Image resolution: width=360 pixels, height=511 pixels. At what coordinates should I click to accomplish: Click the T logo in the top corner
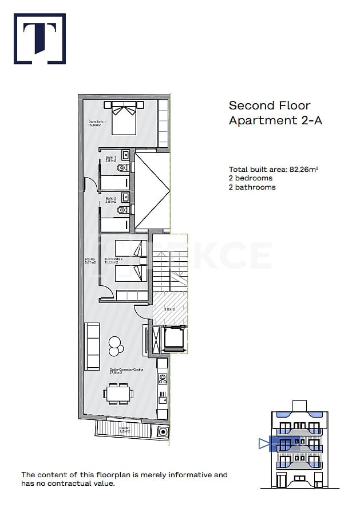(x=39, y=38)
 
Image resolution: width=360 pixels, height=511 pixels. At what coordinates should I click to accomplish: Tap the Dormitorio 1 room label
(x=97, y=124)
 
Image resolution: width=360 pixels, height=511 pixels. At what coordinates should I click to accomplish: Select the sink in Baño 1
(x=125, y=155)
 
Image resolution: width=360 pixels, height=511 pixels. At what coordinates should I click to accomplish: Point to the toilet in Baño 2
(x=122, y=210)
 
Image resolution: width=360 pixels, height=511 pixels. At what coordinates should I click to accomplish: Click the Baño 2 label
(x=110, y=200)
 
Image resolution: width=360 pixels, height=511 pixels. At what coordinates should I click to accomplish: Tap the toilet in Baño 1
(x=122, y=168)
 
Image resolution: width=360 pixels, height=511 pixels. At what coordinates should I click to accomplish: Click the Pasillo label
(x=90, y=261)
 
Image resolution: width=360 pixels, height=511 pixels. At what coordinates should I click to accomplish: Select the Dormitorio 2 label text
(x=113, y=261)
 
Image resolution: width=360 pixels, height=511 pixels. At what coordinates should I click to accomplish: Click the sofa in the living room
(x=92, y=346)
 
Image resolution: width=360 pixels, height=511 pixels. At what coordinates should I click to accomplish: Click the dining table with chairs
(x=120, y=394)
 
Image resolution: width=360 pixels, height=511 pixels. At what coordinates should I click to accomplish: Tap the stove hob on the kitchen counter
(x=163, y=378)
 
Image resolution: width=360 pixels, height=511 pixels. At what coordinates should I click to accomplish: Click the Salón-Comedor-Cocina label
(x=126, y=371)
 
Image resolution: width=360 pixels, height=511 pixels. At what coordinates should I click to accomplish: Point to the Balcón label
(x=124, y=429)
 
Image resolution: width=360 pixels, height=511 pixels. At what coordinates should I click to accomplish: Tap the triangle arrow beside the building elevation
(x=263, y=443)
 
